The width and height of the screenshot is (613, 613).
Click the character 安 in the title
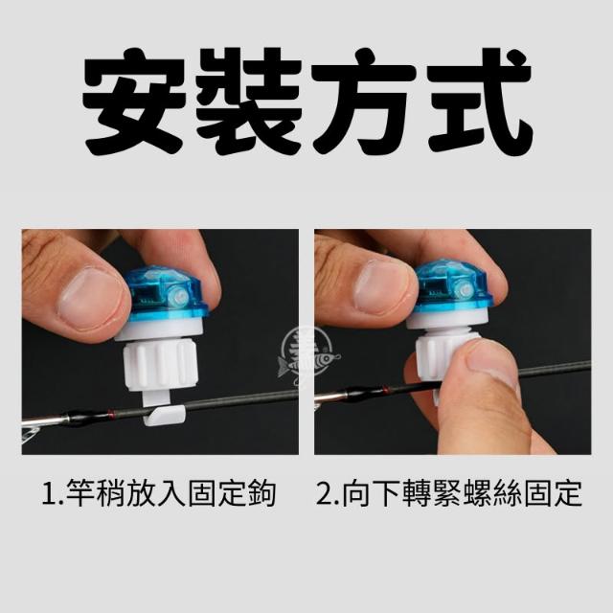(134, 100)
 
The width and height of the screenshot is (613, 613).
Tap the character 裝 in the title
(249, 100)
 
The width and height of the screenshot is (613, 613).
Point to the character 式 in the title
(480, 100)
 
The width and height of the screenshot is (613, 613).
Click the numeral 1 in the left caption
(49, 494)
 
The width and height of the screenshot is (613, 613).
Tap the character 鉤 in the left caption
(262, 493)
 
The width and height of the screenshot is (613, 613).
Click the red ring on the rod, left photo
(111, 414)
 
